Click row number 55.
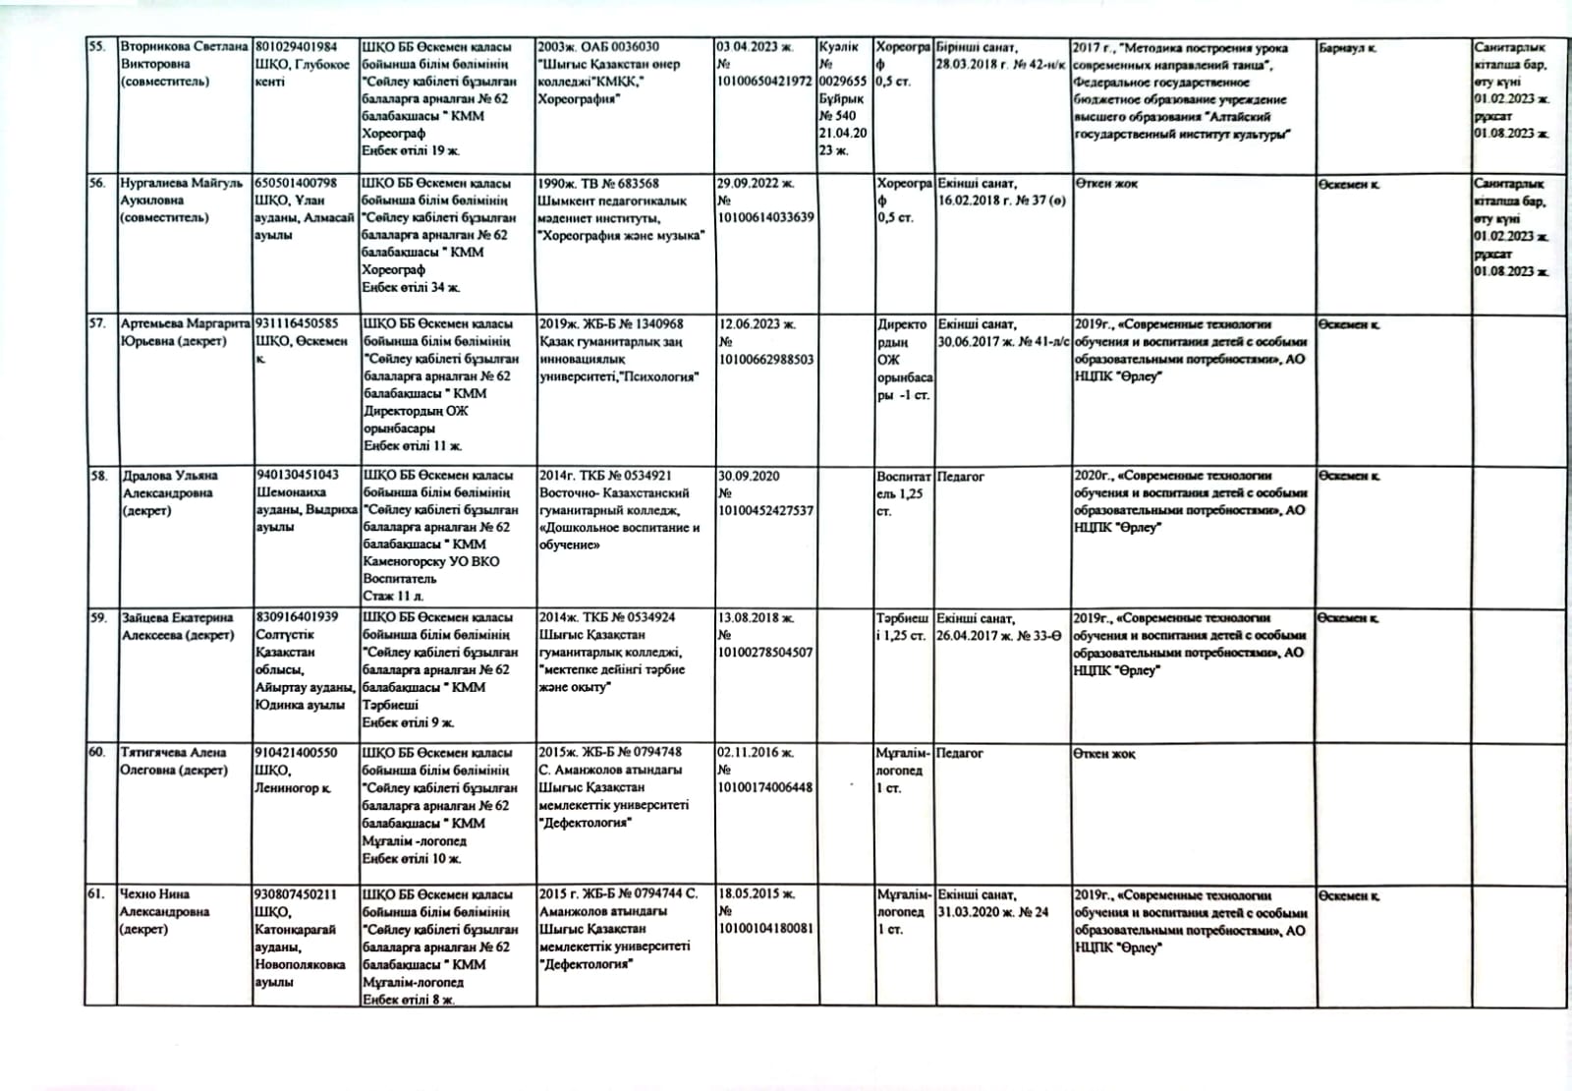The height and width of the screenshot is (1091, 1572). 97,46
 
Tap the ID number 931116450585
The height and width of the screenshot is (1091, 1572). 296,323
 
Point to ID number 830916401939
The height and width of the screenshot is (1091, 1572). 296,617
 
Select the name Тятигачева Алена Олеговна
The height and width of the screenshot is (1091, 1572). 175,761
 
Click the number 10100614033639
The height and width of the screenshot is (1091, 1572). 765,217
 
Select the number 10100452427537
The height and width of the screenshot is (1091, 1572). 765,510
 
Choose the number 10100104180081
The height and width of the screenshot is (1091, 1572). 765,929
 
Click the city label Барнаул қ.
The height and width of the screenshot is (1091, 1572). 1348,47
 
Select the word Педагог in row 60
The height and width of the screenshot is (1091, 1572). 960,753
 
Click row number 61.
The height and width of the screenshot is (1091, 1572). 96,894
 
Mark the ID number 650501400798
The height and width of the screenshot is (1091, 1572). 296,183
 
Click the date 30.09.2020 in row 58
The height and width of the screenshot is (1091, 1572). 749,476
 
